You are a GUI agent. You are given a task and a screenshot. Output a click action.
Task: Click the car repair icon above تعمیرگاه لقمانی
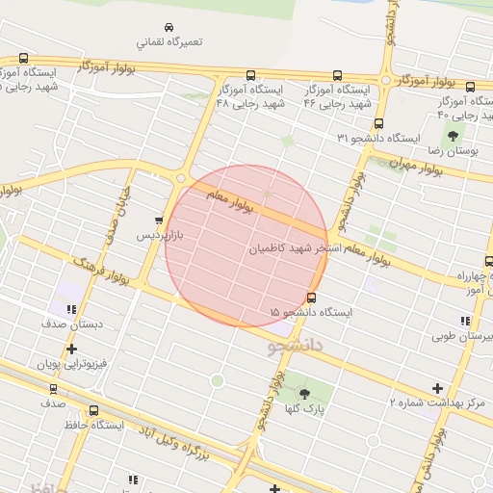point(169,27)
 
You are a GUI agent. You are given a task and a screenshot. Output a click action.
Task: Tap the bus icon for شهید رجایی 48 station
point(251,75)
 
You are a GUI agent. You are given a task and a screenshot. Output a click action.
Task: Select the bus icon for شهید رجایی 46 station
point(336,75)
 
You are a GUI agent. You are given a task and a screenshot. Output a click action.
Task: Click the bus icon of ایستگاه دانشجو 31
point(378,123)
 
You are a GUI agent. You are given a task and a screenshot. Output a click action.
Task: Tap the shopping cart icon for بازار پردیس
point(159,221)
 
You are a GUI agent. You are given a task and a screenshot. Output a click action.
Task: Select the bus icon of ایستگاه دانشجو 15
point(311,298)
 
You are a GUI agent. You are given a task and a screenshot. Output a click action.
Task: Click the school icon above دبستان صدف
point(71,310)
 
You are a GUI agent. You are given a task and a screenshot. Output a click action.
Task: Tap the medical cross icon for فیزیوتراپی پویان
point(71,350)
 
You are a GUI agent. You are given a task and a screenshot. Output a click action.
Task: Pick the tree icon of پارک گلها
point(304,393)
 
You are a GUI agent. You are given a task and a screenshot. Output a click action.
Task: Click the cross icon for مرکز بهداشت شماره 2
point(437,388)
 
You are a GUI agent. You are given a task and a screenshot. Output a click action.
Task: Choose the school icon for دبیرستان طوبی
point(465,321)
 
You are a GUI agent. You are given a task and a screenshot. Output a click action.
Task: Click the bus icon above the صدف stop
point(53,390)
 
